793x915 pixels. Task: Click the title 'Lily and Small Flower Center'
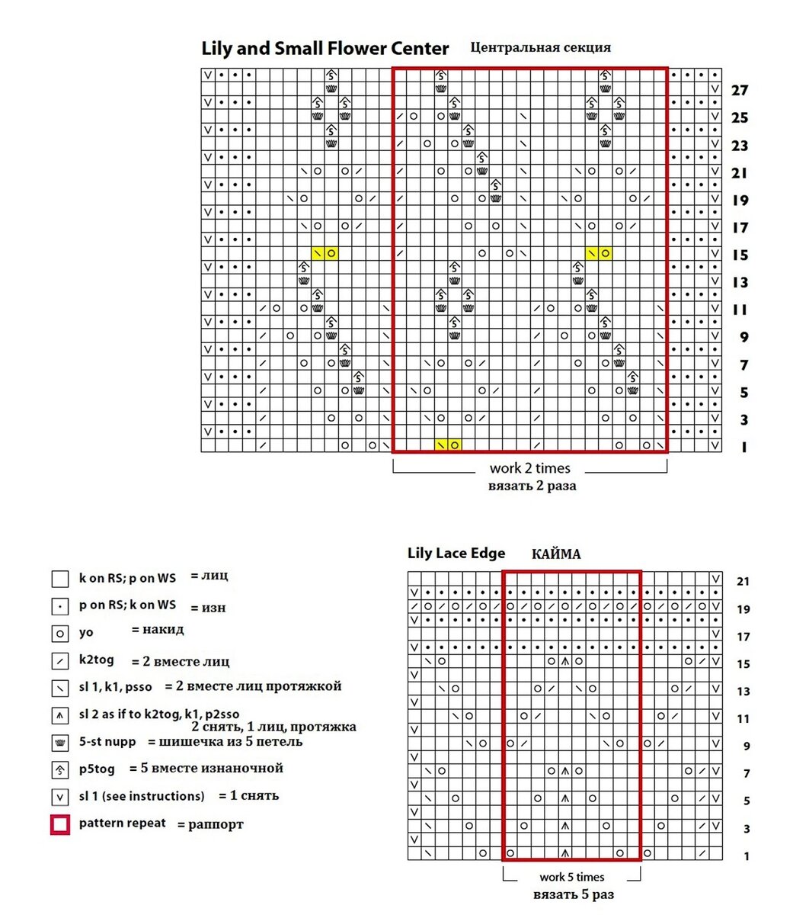click(325, 49)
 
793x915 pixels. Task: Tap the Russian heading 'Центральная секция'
click(540, 47)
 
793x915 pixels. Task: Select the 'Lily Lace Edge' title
click(456, 554)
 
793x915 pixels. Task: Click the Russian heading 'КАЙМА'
click(556, 554)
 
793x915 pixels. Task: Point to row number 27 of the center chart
click(739, 91)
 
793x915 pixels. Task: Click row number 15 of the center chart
click(739, 255)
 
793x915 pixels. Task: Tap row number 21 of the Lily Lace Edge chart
click(743, 582)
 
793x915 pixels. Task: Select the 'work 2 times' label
click(530, 468)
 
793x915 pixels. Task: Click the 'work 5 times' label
click(571, 877)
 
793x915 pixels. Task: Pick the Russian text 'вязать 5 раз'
click(573, 894)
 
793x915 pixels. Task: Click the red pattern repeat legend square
click(60, 824)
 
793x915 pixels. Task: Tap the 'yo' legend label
click(86, 632)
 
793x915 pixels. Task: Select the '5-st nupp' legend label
click(107, 741)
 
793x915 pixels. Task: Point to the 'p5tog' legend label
click(97, 769)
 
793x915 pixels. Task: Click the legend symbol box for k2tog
click(60, 661)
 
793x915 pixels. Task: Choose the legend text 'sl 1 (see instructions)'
click(142, 796)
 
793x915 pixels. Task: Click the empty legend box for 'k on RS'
click(60, 579)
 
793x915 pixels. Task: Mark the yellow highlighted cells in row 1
click(448, 445)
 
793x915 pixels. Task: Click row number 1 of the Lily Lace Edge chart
click(747, 856)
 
